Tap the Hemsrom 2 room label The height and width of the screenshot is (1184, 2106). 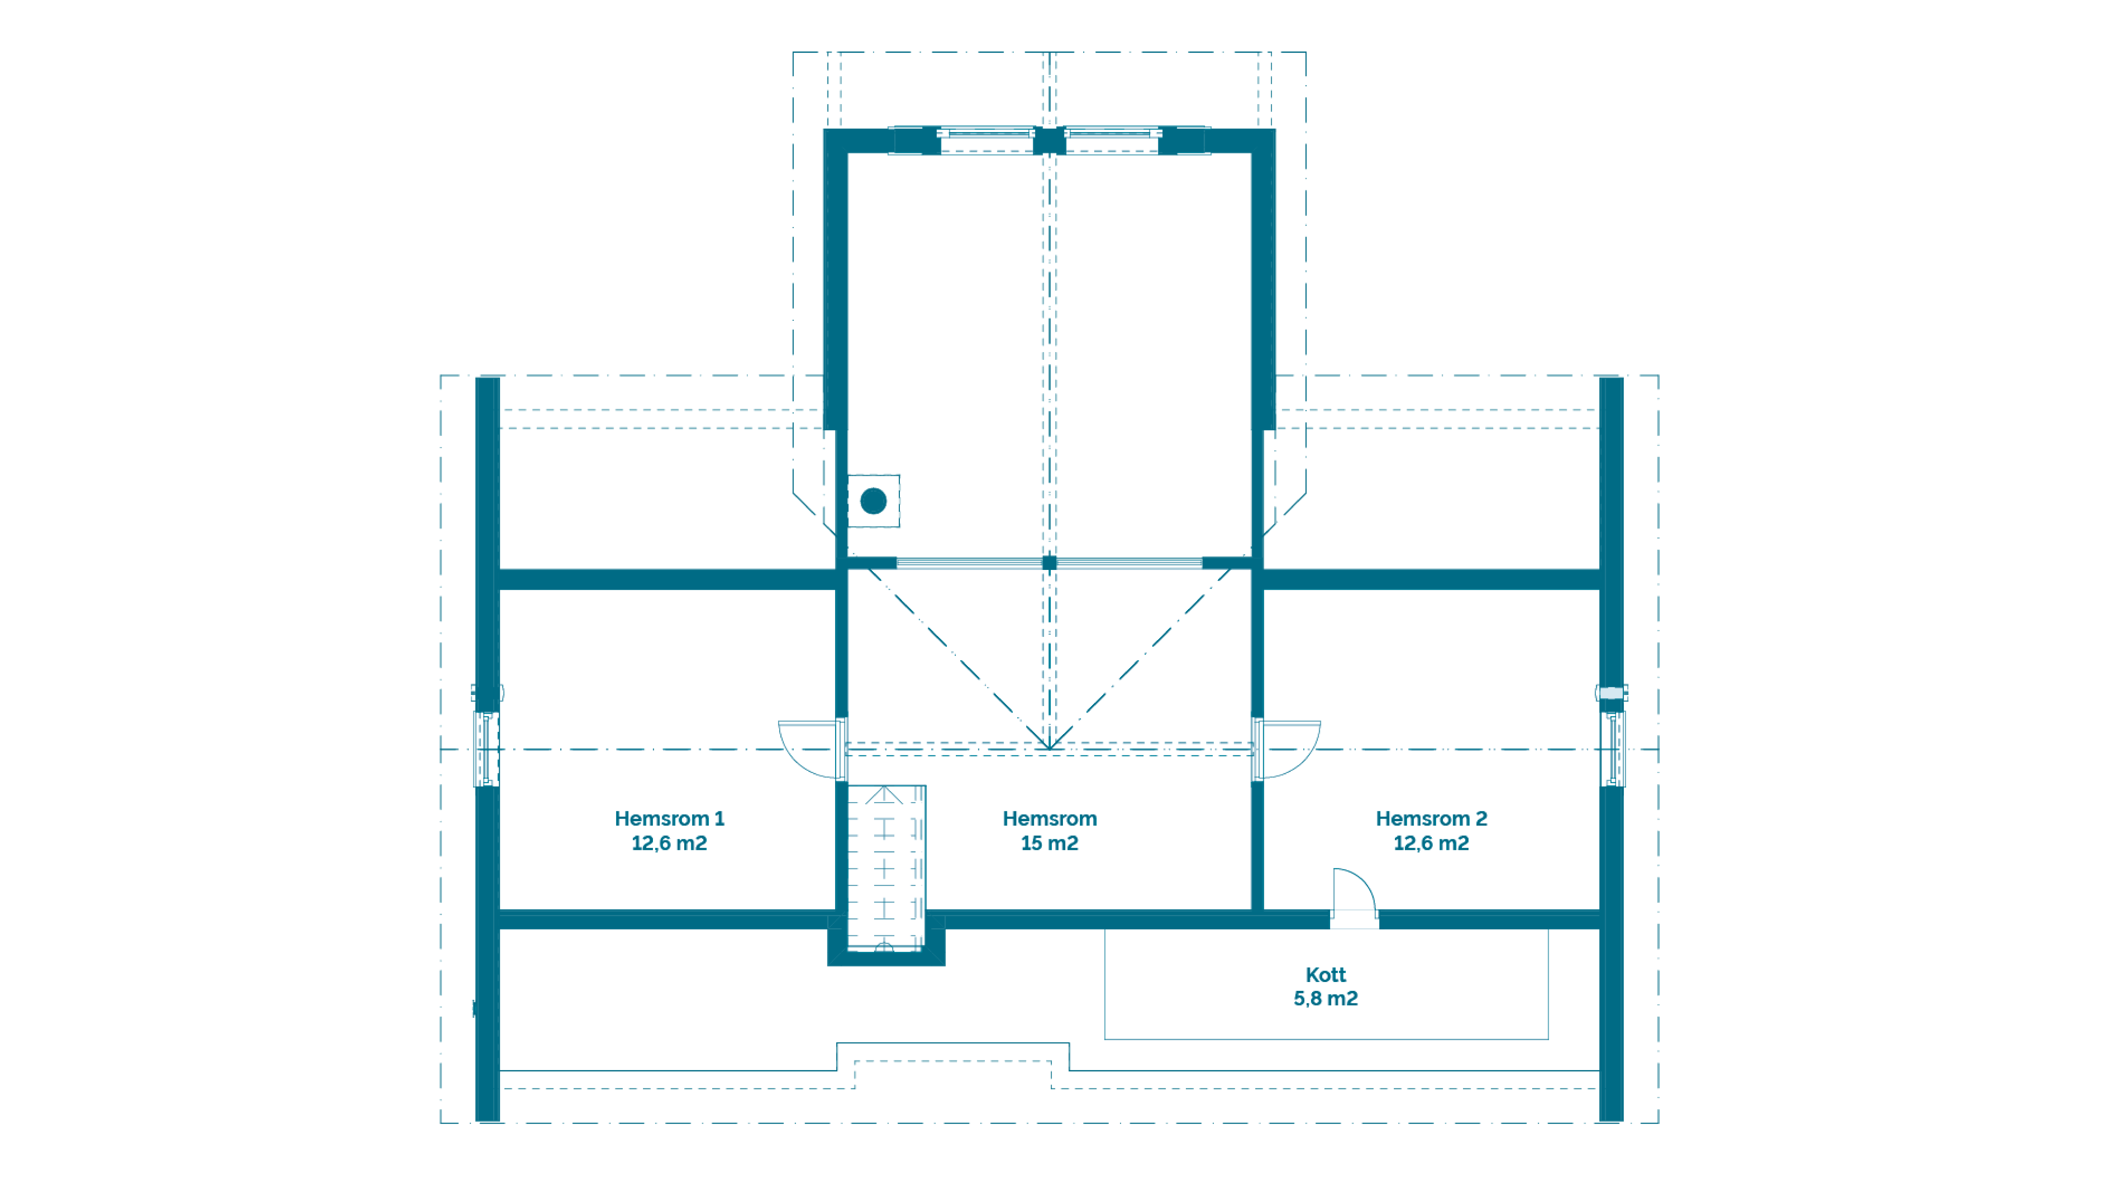point(1431,819)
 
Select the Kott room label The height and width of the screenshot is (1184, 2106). point(1325,975)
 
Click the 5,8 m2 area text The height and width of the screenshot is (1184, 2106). point(1325,999)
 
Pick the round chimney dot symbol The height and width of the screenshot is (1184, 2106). point(873,501)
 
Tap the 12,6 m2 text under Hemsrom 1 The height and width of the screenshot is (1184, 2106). point(669,843)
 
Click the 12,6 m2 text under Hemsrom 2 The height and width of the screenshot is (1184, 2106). point(1431,843)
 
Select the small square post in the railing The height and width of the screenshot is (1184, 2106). point(1050,562)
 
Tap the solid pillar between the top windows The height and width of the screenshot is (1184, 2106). point(1050,141)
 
